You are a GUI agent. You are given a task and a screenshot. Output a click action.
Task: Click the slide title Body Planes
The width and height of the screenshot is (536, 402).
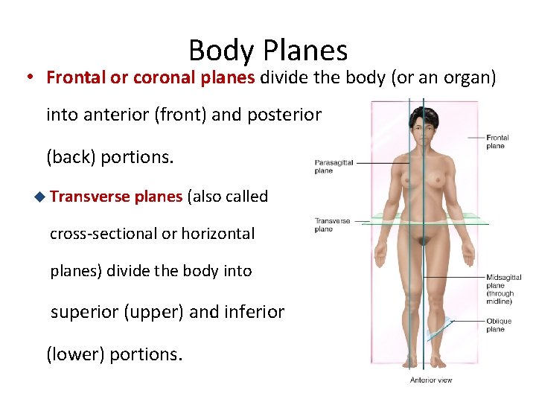point(268,51)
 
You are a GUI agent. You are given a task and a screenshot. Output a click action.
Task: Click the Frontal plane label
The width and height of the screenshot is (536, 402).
point(497,141)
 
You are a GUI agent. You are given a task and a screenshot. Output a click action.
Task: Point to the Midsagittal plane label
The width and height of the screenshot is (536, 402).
point(504,289)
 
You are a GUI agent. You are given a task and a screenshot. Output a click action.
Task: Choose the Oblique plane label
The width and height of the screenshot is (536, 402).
point(499,325)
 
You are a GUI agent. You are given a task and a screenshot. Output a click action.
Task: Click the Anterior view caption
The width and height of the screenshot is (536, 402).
point(431,380)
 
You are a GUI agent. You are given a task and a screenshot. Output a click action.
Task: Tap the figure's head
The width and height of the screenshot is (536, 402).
point(425,124)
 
